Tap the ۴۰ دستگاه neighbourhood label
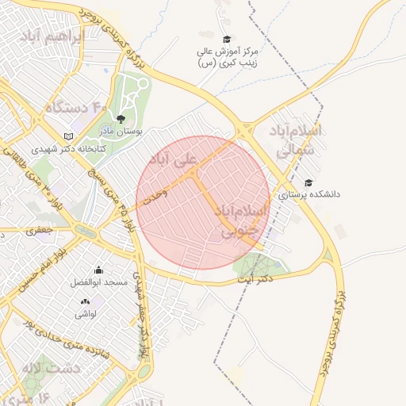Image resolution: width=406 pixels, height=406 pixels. [76, 106]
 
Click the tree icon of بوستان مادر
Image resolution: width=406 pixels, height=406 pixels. [121, 119]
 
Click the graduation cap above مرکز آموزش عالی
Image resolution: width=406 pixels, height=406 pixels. [227, 39]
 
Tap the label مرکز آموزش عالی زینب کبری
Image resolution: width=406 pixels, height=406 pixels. [231, 59]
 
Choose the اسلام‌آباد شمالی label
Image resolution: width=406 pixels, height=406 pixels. [297, 139]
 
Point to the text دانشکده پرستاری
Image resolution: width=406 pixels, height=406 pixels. [308, 194]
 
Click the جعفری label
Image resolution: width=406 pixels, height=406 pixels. [39, 232]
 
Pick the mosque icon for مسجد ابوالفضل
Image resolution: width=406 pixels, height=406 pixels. [98, 270]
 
